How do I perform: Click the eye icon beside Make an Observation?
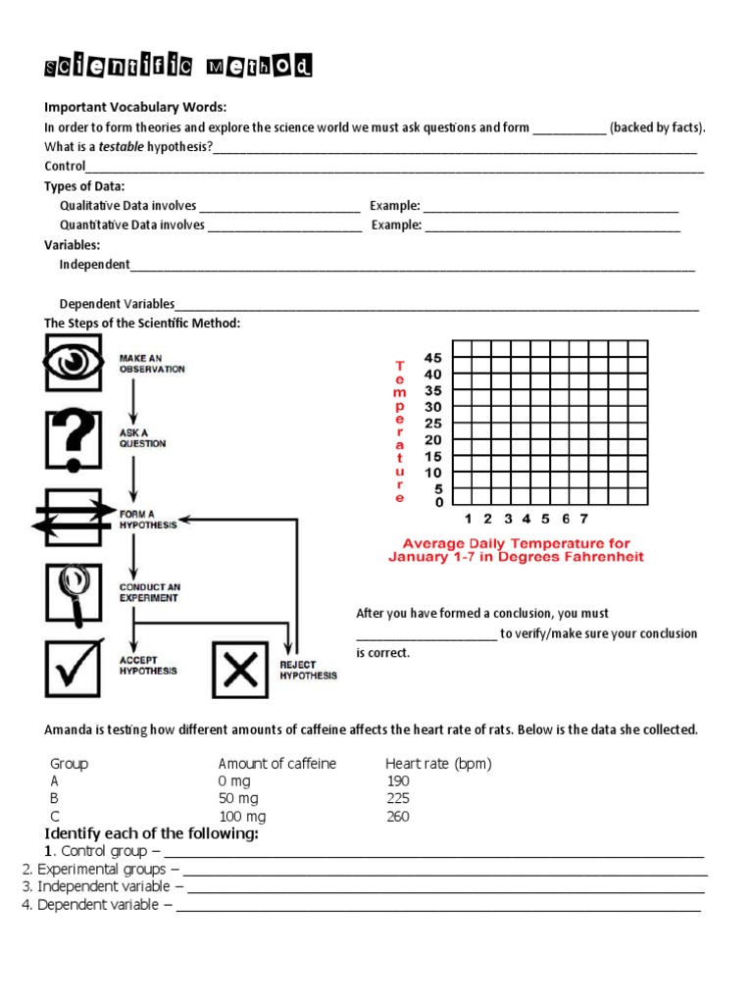[x=73, y=363]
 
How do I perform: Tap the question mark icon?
[x=73, y=438]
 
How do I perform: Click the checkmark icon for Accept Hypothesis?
[x=73, y=668]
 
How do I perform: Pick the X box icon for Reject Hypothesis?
[x=239, y=670]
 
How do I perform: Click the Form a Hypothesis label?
[x=148, y=519]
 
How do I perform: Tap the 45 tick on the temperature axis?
[x=432, y=358]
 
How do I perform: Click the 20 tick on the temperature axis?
[x=432, y=439]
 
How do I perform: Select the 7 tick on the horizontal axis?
[x=583, y=519]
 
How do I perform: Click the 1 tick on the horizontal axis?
[x=468, y=519]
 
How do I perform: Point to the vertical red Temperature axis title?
[x=399, y=430]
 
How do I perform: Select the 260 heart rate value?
[x=398, y=816]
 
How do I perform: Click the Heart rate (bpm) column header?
[x=438, y=763]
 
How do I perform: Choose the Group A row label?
[x=54, y=780]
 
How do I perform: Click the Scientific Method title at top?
[x=178, y=68]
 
